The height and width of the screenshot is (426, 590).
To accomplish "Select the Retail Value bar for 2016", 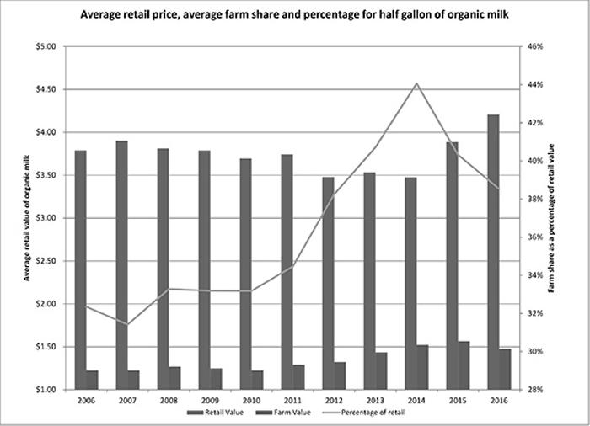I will click(x=493, y=252).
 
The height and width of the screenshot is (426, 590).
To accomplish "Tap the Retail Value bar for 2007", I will click(x=121, y=265).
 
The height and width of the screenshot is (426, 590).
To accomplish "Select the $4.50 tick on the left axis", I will click(x=43, y=89).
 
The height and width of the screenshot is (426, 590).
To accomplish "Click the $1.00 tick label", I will click(x=43, y=390).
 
